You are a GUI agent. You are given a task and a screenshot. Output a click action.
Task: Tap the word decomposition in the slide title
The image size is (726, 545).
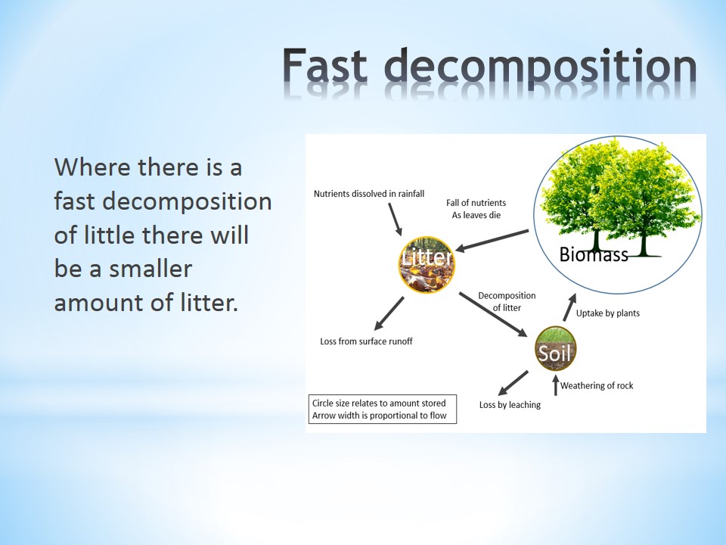pyautogui.click(x=540, y=67)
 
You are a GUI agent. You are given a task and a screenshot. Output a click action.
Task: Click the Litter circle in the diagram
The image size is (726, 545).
pyautogui.click(x=427, y=265)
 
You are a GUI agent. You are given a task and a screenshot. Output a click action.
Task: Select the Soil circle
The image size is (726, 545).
pyautogui.click(x=555, y=350)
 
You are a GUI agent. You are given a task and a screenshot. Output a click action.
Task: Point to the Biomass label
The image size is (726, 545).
pyautogui.click(x=594, y=254)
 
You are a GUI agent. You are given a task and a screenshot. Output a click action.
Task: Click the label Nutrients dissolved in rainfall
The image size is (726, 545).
pyautogui.click(x=369, y=194)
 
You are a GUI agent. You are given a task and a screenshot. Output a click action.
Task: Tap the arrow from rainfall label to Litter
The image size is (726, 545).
pyautogui.click(x=395, y=220)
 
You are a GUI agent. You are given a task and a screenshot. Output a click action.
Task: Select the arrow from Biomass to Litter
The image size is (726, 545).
pyautogui.click(x=492, y=240)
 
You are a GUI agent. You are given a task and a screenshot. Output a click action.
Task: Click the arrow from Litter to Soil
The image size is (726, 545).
pyautogui.click(x=493, y=314)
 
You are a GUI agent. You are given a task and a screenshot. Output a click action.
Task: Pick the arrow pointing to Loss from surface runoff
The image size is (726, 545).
pyautogui.click(x=389, y=313)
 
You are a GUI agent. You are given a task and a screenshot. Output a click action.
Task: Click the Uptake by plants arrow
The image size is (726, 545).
pyautogui.click(x=569, y=307)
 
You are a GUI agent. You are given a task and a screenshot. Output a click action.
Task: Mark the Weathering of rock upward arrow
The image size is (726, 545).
pyautogui.click(x=556, y=385)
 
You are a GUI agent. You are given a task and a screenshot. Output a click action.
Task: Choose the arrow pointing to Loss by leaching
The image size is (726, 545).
pyautogui.click(x=513, y=383)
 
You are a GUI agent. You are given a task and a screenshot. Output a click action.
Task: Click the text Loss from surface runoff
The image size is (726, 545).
pyautogui.click(x=366, y=341)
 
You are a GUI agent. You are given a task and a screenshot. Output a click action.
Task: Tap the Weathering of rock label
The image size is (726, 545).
pyautogui.click(x=597, y=385)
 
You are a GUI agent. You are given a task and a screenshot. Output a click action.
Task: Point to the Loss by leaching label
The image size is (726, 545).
pyautogui.click(x=510, y=404)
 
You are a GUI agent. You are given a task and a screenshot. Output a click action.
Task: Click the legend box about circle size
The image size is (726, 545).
pyautogui.click(x=383, y=410)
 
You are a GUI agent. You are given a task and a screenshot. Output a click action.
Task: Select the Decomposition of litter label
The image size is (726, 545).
pyautogui.click(x=507, y=302)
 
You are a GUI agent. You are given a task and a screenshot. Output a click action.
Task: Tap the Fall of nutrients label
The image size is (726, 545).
pyautogui.click(x=476, y=209)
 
